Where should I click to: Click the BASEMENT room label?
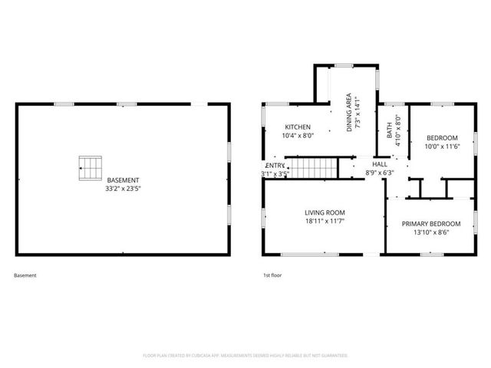coord(123,180)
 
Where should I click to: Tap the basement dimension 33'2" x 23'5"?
coord(123,189)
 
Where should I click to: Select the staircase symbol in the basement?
coord(91,166)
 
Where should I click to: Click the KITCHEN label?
coord(298,127)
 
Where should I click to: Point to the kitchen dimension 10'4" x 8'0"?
coord(298,135)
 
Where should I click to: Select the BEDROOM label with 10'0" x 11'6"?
coord(441,138)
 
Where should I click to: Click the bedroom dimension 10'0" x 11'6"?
coord(441,146)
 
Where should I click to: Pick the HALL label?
coord(380,165)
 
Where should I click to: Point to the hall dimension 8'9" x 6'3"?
coord(380,173)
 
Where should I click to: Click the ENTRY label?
coord(275,166)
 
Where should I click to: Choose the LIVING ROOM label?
coord(325,212)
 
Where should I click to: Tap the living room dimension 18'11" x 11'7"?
coord(325,221)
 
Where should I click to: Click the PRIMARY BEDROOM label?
coord(430,224)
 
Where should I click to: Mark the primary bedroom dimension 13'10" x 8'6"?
coord(430,232)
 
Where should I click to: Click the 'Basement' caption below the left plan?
coord(25,275)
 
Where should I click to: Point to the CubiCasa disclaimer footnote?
coord(245,356)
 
